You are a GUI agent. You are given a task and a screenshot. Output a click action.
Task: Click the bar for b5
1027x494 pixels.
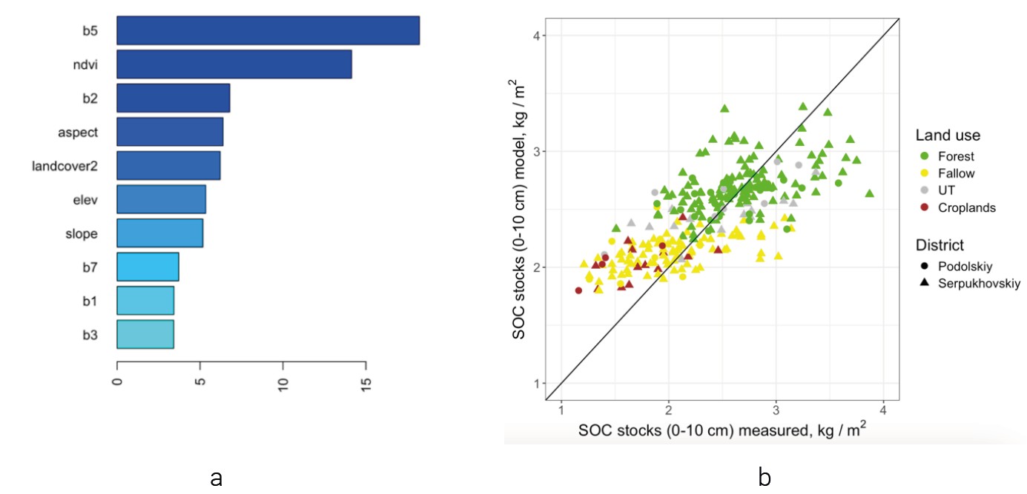click(268, 30)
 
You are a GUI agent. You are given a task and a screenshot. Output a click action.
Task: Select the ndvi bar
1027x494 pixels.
click(234, 64)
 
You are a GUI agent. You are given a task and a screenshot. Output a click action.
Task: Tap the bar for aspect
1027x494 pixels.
click(170, 132)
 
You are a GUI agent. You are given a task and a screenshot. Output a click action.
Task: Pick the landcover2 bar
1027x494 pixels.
click(168, 165)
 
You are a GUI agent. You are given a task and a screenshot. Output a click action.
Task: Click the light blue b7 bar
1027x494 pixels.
click(148, 267)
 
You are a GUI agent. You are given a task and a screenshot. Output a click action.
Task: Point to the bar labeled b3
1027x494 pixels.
click(145, 334)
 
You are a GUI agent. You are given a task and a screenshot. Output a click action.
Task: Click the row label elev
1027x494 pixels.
click(87, 199)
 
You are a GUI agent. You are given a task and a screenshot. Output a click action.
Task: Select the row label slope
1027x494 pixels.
click(83, 233)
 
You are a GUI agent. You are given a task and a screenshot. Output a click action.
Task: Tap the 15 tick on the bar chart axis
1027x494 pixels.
click(366, 385)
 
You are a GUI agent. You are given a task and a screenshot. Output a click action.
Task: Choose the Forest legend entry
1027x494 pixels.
click(956, 156)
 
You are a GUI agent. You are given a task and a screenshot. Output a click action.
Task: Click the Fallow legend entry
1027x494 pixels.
click(956, 173)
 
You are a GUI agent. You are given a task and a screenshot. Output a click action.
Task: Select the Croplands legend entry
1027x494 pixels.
click(965, 208)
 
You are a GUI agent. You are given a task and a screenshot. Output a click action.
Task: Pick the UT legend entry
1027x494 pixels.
click(946, 190)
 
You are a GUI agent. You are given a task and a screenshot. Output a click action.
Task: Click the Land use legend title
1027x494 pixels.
click(948, 136)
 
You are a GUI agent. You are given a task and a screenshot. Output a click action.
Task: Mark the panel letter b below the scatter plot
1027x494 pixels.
click(765, 478)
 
